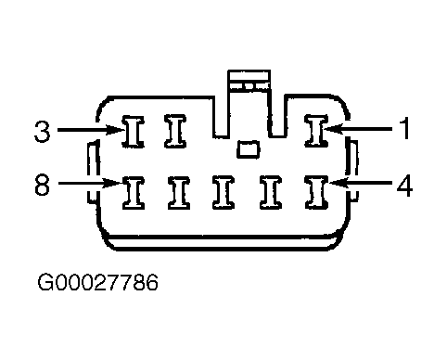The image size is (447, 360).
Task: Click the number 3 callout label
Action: coord(43,131)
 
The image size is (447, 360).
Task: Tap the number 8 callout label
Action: coord(43,185)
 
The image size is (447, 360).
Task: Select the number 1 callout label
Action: coord(403,128)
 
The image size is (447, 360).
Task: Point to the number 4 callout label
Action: coord(404,185)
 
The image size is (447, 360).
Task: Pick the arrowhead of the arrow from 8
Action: coord(113,183)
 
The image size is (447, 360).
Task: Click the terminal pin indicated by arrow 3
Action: coord(134,132)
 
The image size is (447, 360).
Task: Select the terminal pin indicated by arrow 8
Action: coord(134,193)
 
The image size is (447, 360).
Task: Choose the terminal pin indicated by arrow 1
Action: coord(316,130)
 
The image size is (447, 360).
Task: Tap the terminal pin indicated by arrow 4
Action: coord(316,192)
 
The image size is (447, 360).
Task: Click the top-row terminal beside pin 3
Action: coord(175,131)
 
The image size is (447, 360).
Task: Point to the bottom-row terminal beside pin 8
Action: coord(179,193)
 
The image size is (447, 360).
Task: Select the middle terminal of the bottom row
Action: coord(223,192)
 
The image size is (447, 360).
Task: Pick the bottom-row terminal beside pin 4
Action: coord(271,192)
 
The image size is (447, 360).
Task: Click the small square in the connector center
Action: coord(249,149)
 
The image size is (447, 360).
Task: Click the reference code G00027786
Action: coord(97,282)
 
